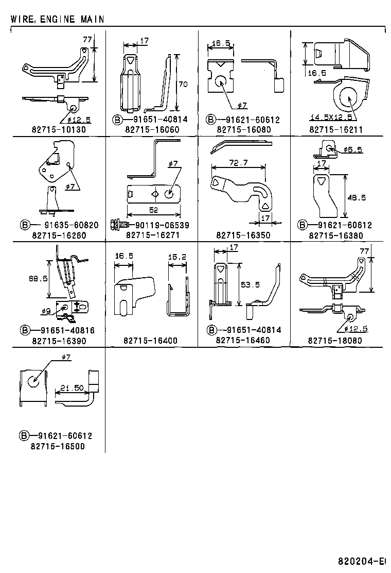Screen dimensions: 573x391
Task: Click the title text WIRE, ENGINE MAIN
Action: pos(57,19)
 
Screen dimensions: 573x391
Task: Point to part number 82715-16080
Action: pos(244,129)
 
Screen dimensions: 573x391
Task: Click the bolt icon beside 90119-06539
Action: pos(115,225)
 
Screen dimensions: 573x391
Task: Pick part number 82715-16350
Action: pos(243,235)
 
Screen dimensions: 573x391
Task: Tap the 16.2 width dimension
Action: pos(177,255)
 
